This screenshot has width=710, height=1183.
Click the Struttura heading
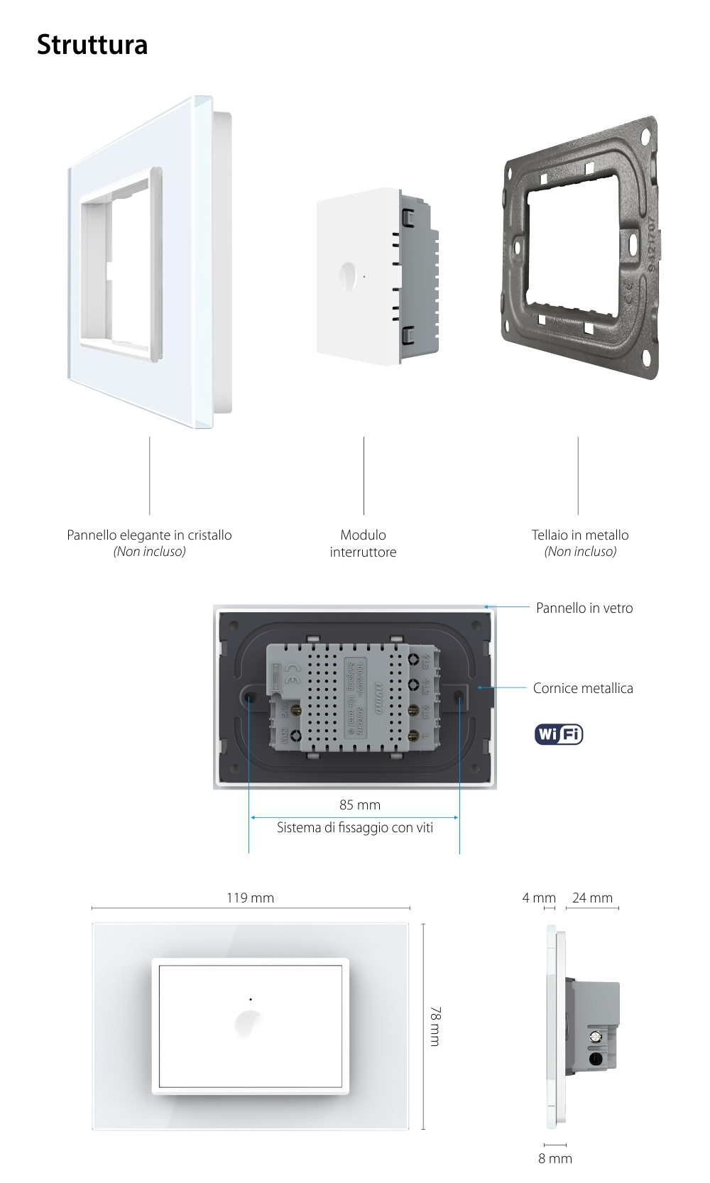click(x=92, y=45)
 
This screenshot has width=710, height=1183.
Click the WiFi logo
click(x=559, y=734)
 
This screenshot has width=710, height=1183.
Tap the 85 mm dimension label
click(x=359, y=805)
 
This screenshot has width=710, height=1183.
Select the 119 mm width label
click(x=250, y=898)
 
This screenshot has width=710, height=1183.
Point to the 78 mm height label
click(x=435, y=1025)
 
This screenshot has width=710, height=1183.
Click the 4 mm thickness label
click(x=538, y=898)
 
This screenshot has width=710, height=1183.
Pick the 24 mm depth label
click(x=592, y=898)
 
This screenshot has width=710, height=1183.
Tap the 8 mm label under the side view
click(x=555, y=1158)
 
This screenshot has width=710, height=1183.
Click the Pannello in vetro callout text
click(x=584, y=608)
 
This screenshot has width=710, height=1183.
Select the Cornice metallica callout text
click(x=582, y=688)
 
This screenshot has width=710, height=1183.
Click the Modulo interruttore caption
click(x=363, y=543)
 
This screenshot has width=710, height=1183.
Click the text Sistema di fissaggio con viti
click(x=355, y=827)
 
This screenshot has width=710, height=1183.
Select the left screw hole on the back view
click(x=250, y=698)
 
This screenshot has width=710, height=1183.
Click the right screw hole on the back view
click(x=459, y=698)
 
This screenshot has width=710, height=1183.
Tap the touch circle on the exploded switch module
click(x=349, y=276)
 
